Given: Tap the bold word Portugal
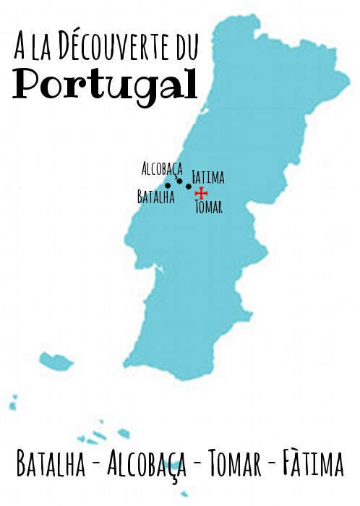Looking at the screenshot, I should pyautogui.click(x=106, y=85).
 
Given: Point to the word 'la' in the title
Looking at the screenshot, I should pyautogui.click(x=49, y=48).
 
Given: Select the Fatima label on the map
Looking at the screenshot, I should pyautogui.click(x=208, y=176).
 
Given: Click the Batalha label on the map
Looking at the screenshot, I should pyautogui.click(x=155, y=197).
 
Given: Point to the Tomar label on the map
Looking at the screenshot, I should pyautogui.click(x=209, y=207).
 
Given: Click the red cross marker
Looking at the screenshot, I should pyautogui.click(x=201, y=193).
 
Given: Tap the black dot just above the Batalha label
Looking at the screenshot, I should pyautogui.click(x=168, y=186).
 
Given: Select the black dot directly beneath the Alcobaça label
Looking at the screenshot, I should pyautogui.click(x=179, y=181).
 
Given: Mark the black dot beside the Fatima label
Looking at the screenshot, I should pyautogui.click(x=189, y=186).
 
